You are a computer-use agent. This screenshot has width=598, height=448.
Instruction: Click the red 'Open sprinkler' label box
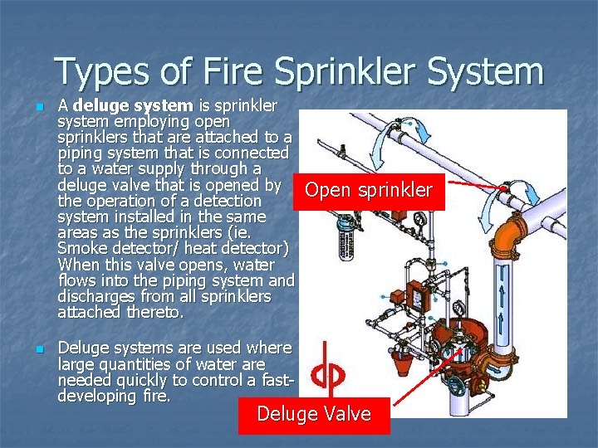pos(368,190)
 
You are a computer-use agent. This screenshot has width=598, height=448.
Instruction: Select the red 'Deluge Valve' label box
pos(314,414)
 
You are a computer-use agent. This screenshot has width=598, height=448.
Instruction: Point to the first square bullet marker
pos(32,108)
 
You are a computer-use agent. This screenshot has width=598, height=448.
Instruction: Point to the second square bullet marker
pos(32,350)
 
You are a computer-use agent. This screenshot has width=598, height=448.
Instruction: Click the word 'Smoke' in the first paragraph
pos(81,249)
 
